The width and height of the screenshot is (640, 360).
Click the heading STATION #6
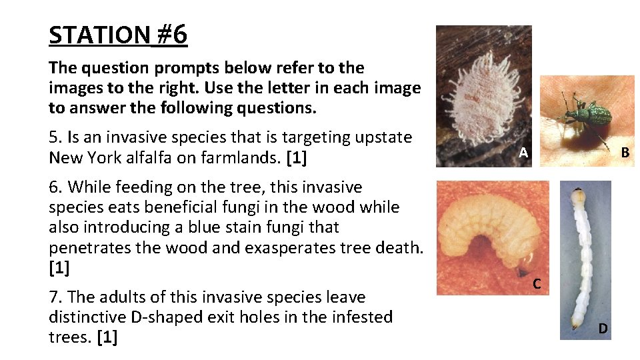[118, 35]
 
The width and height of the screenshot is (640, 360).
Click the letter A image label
[524, 153]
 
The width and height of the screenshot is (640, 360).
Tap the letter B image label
[625, 152]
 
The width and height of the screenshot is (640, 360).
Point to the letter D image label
[603, 328]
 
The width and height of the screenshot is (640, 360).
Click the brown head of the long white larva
[577, 196]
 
